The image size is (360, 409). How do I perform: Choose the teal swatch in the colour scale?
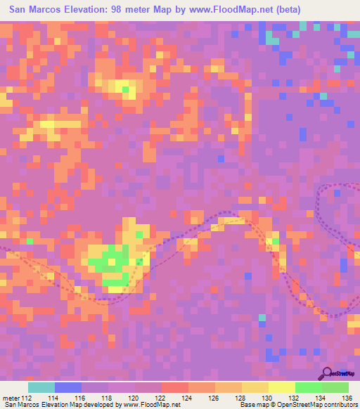tap(41, 387)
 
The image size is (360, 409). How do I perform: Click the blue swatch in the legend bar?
tap(68, 387)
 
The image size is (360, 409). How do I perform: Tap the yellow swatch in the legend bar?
tap(281, 387)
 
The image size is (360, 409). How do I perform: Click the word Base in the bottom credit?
tap(247, 405)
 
